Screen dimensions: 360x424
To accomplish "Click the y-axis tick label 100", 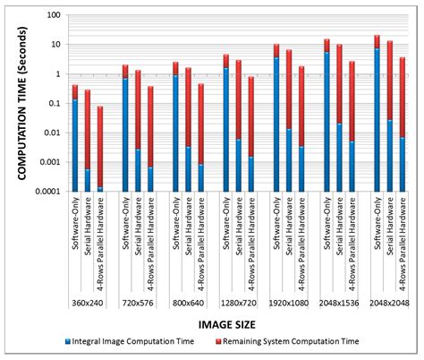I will (53, 16).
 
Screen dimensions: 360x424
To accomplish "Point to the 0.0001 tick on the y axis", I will (47, 191).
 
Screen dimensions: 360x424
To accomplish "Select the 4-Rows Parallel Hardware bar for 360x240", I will (100, 149).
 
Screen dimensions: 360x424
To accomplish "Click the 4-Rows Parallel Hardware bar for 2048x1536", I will (352, 125).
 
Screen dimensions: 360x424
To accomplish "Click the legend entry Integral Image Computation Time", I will (134, 340).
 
